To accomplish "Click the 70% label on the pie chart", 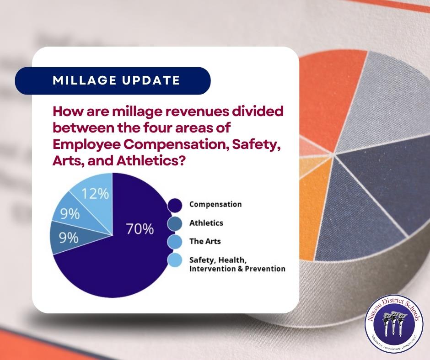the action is click(140, 229).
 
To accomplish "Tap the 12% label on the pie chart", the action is click(95, 194).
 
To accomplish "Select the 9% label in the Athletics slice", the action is click(69, 238).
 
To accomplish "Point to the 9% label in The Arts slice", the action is click(70, 214).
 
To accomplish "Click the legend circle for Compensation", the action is click(175, 205).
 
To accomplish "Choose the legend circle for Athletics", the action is click(175, 223).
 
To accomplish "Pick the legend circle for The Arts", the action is click(175, 242).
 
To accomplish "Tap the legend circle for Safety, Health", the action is click(175, 260).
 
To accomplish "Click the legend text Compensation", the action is click(215, 204).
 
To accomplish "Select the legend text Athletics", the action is click(206, 223).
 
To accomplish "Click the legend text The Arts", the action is click(205, 241).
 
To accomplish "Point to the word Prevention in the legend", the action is click(265, 269).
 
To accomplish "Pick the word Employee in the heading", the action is click(86, 145).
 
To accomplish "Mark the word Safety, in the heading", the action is click(257, 145).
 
